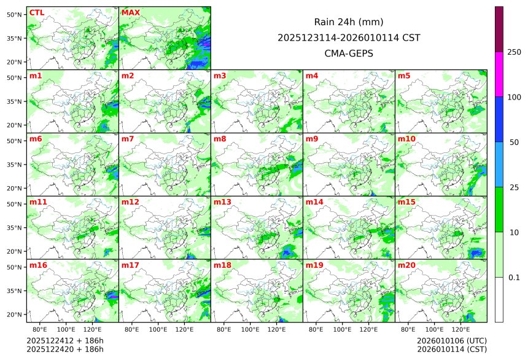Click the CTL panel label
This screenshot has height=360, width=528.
(37, 12)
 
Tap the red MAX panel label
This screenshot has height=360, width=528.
(131, 12)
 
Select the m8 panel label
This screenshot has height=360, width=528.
(220, 139)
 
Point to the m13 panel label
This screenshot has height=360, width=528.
(222, 202)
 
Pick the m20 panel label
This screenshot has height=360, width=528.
(406, 265)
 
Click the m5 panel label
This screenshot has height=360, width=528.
(404, 76)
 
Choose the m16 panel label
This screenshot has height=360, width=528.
(38, 265)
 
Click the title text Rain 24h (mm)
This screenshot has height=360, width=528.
(349, 22)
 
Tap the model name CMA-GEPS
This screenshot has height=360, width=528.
(349, 53)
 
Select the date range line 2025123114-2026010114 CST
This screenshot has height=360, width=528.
(349, 37)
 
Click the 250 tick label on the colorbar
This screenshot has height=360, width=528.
(514, 52)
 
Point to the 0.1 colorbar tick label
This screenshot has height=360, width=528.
(514, 277)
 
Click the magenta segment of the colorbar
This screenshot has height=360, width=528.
(499, 74)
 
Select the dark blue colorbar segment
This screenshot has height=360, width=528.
(499, 119)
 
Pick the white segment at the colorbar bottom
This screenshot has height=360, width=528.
(499, 299)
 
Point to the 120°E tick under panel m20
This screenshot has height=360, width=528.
(461, 329)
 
